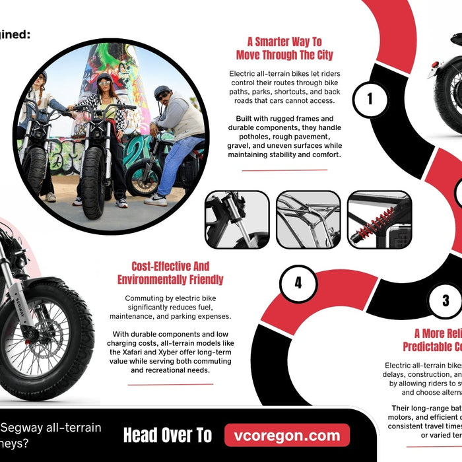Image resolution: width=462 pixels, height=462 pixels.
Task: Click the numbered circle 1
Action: click(370, 99)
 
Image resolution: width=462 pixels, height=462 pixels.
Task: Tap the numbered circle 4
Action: click(298, 283)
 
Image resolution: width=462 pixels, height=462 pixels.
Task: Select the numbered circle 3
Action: click(445, 301)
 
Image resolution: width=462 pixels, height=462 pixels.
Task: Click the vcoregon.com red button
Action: click(286, 436)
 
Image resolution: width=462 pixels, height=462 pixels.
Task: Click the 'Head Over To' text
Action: click(168, 436)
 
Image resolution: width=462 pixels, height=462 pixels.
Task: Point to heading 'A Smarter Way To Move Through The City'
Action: click(284, 48)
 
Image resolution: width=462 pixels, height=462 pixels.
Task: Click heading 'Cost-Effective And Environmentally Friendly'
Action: click(170, 273)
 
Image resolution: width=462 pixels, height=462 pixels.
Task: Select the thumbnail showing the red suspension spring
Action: click(379, 220)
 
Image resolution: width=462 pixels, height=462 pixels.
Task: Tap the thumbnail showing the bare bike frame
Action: click(308, 220)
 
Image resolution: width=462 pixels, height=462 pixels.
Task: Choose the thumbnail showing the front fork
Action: click(237, 220)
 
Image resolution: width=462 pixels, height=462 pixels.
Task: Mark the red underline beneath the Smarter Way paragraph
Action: click(284, 170)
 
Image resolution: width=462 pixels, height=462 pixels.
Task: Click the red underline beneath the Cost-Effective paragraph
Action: click(170, 385)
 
